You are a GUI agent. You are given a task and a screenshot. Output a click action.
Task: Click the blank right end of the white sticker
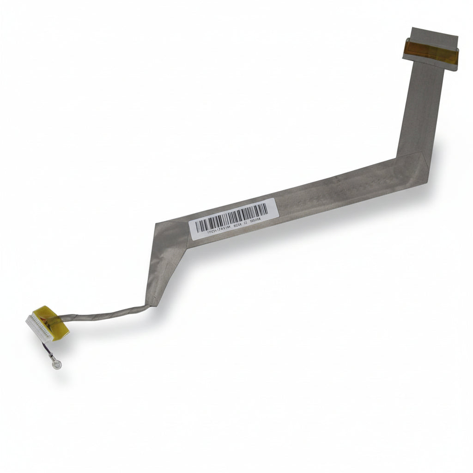pos(272,208)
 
